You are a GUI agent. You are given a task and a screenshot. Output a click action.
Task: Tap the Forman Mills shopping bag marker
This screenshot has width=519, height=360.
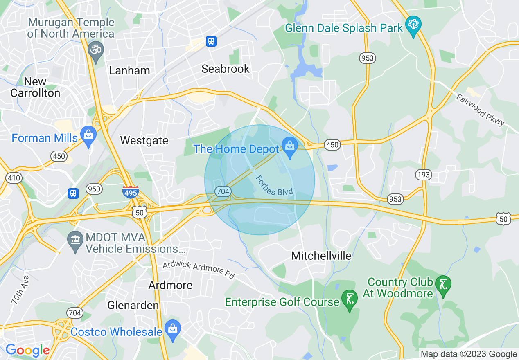88,135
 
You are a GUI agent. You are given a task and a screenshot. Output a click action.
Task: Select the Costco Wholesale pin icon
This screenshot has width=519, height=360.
173,329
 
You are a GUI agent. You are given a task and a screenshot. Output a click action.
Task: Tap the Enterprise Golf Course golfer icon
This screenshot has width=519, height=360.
350,299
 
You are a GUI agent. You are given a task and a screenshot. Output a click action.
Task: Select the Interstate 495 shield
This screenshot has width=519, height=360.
130,191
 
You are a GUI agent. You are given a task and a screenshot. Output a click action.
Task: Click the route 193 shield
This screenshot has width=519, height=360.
423,175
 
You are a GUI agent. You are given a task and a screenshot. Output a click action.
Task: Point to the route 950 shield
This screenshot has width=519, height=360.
94,189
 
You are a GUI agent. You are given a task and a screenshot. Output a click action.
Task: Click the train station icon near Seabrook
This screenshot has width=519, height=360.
211,41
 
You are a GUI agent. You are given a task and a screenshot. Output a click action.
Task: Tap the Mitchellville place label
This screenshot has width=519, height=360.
321,256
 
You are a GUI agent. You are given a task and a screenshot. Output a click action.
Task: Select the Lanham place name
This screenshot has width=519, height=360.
129,71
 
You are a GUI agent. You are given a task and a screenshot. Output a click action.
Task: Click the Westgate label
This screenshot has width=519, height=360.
144,141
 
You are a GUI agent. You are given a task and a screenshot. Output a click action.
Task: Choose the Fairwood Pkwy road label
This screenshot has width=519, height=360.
481,110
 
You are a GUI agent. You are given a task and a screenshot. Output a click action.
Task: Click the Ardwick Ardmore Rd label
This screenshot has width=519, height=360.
198,270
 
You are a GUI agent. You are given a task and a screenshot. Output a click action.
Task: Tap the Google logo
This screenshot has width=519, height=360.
27,350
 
